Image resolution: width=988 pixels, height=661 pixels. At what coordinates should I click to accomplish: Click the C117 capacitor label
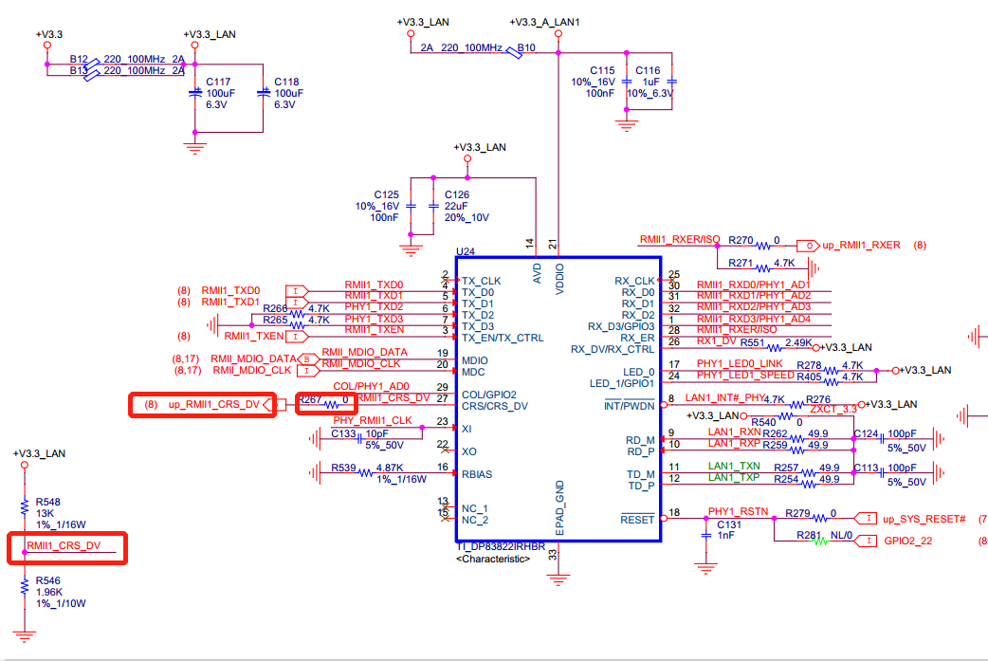click(219, 83)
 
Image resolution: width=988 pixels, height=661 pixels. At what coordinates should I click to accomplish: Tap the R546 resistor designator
click(47, 579)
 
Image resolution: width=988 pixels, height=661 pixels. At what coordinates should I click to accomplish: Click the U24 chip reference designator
click(465, 252)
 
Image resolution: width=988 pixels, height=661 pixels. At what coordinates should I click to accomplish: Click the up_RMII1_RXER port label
click(861, 245)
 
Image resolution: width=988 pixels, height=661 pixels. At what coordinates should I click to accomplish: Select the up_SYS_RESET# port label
click(924, 519)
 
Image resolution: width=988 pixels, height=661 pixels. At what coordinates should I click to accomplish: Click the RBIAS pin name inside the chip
click(477, 474)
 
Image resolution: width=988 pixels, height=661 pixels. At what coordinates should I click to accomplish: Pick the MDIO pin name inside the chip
click(475, 360)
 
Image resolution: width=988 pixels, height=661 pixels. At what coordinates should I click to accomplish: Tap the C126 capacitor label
click(456, 193)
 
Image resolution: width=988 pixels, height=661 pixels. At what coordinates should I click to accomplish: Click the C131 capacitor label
click(728, 524)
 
